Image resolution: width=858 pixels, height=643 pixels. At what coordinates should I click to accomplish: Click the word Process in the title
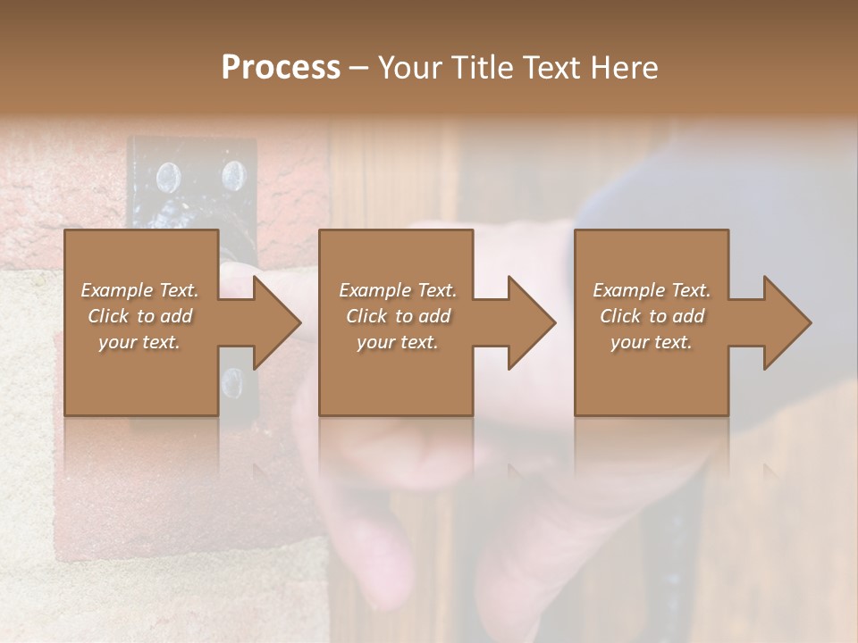(281, 67)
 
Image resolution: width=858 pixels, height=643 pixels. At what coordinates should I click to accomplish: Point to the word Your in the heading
(410, 67)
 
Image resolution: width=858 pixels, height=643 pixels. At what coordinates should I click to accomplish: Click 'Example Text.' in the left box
(139, 290)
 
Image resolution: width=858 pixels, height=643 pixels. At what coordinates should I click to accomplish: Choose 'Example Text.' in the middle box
(398, 290)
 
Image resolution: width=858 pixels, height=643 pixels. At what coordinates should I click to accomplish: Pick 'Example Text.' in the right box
(652, 290)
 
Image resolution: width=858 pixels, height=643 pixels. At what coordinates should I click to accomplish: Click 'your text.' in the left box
(139, 342)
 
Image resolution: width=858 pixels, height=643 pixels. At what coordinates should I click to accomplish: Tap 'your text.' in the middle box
(398, 342)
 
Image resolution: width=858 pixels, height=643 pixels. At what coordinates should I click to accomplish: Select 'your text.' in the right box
(652, 342)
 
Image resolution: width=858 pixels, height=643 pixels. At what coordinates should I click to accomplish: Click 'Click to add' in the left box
(139, 316)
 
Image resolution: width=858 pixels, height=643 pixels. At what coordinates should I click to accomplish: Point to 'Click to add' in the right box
(652, 316)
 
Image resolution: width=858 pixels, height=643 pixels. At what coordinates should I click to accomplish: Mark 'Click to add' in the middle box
(398, 316)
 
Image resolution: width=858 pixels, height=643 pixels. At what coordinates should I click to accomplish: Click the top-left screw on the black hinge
(165, 177)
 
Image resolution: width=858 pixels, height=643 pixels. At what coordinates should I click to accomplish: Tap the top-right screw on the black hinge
(232, 173)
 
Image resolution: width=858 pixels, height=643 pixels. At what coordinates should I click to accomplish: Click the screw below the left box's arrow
(231, 383)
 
